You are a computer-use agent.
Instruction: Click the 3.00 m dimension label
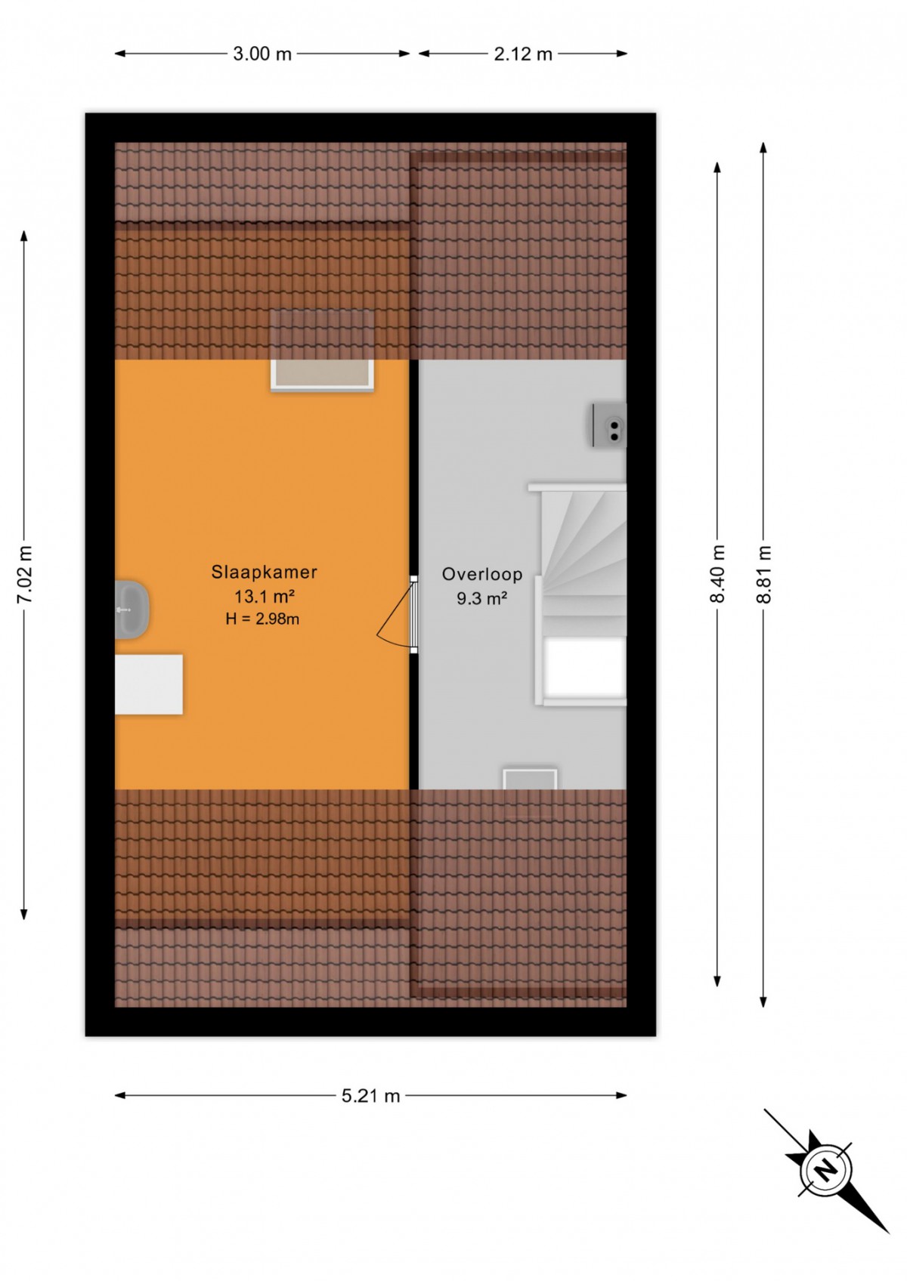coord(262,54)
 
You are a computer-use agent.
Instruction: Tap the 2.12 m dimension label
coord(523,54)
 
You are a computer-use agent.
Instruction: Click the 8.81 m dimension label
coord(763,574)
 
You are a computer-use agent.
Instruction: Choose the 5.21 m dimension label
coord(371,1096)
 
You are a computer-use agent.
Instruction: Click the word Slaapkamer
coord(265,572)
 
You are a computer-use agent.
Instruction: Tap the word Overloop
coord(481,573)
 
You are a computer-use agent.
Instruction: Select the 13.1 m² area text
coord(265,597)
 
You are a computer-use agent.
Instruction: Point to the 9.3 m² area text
coord(481,598)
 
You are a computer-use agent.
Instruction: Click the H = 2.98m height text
coord(263,619)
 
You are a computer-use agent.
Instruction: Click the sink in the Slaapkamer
coord(132,609)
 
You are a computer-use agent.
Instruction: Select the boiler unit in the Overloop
coord(609,425)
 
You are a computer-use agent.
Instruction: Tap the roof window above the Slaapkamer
coord(322,350)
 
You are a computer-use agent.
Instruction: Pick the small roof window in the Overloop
coord(530,778)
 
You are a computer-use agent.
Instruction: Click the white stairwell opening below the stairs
coord(584,668)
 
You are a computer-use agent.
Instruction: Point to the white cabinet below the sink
coord(149,684)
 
